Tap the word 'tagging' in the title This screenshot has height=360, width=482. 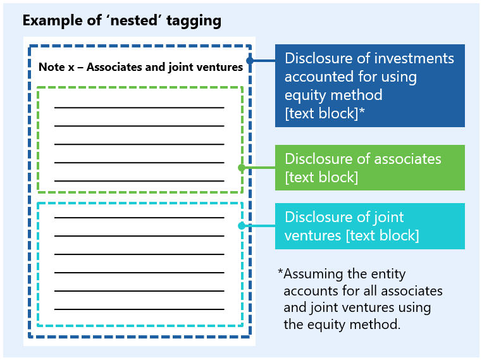click(x=197, y=20)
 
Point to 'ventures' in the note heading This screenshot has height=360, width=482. click(x=221, y=67)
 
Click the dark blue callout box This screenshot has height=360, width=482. click(x=369, y=85)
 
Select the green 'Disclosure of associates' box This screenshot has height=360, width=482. click(x=369, y=168)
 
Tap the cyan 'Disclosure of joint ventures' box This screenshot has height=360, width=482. click(x=369, y=226)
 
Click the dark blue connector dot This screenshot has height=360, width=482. click(x=250, y=61)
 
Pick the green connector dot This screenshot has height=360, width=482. click(x=241, y=168)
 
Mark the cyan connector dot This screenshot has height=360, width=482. click(x=241, y=226)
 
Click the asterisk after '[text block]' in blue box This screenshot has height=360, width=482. click(x=362, y=113)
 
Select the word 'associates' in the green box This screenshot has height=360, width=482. click(x=409, y=159)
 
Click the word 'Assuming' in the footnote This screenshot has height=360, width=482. click(x=313, y=274)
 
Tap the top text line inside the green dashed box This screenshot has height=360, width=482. click(x=139, y=108)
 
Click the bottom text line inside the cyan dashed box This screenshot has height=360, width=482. click(x=139, y=309)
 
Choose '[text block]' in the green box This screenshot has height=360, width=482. click(x=321, y=177)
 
